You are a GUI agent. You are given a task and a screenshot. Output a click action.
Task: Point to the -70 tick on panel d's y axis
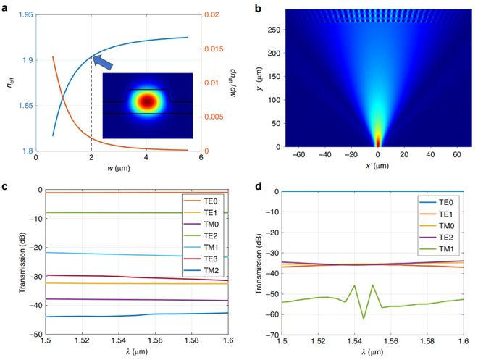click(x=274, y=336)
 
